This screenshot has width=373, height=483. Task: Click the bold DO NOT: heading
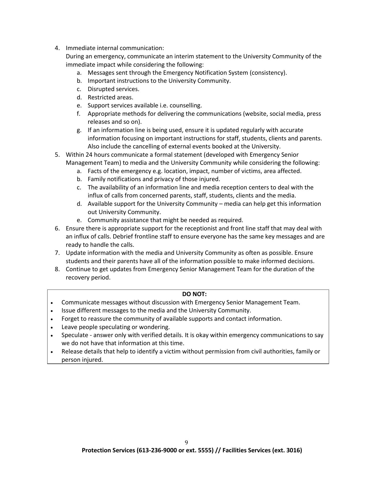pos(194,294)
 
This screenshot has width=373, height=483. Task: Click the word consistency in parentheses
pos(268,73)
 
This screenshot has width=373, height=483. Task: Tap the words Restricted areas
pos(110,97)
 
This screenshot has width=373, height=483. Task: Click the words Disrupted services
pos(113,89)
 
